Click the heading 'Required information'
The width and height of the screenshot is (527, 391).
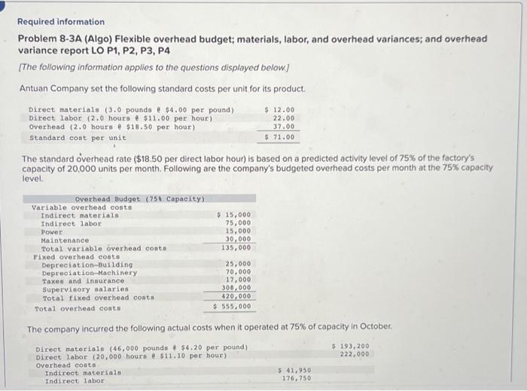[x=61, y=22]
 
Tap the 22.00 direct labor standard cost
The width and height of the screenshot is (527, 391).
[x=283, y=118]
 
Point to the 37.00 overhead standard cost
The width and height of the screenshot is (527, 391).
[x=283, y=127]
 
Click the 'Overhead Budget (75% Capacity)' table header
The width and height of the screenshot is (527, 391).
[x=140, y=198]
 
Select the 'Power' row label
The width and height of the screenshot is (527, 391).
[x=52, y=231]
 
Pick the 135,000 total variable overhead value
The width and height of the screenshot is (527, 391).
[x=239, y=248]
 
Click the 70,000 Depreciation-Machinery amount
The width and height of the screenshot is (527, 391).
[x=239, y=272]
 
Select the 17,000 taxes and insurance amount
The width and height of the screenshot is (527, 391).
[x=239, y=280]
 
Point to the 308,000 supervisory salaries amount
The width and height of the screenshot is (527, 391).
[x=237, y=289]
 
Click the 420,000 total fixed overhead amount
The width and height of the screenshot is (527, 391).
[x=237, y=297]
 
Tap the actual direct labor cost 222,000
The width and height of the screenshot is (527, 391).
[x=355, y=354]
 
